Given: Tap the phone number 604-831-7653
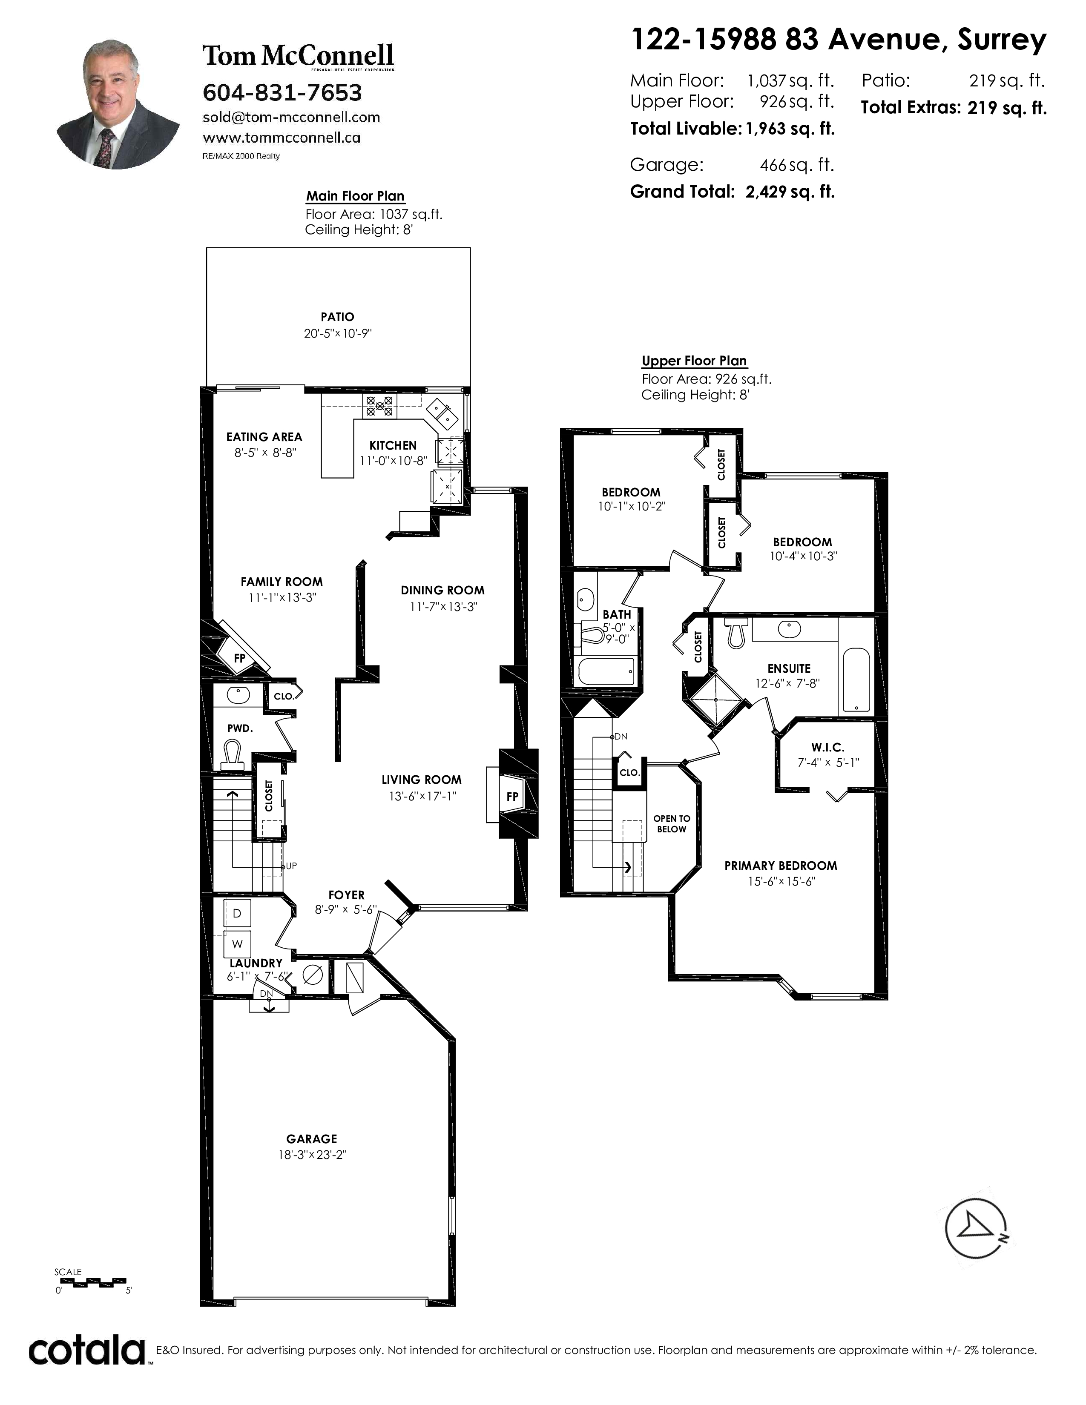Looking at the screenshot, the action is coord(282,93).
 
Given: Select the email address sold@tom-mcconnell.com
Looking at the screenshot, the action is coord(291,117).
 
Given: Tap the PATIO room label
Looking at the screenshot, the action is coord(337,316).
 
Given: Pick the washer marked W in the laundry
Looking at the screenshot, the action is coord(237,944).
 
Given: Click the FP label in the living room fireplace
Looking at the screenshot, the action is coord(512,797).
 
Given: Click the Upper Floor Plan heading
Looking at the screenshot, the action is coord(694,361).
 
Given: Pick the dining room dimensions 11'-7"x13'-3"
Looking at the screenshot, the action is coord(443,607).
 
